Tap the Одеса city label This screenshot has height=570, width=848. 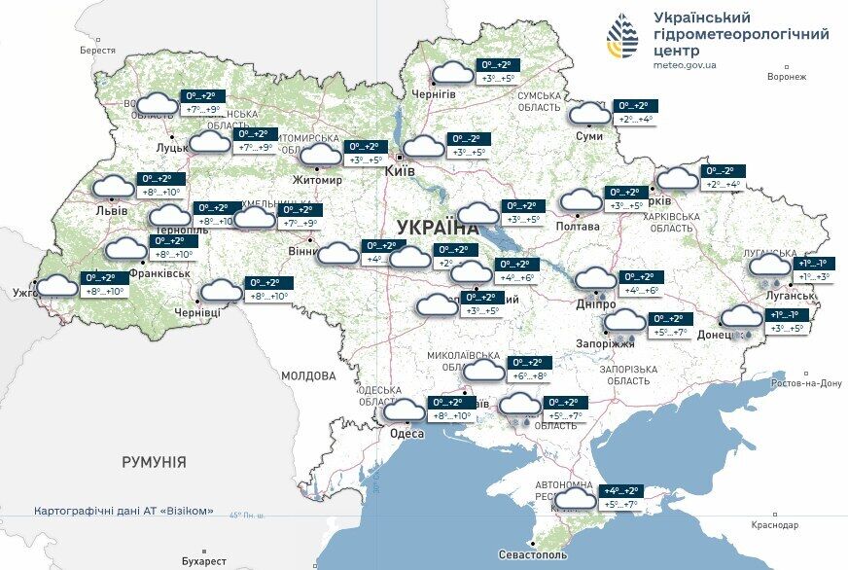(x=406, y=434)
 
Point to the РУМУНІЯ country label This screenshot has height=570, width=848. (x=154, y=462)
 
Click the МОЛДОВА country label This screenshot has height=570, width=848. (x=308, y=375)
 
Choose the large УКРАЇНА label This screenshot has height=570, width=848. (x=438, y=227)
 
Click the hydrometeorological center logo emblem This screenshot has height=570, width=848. (x=622, y=38)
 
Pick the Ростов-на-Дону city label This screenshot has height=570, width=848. (x=804, y=383)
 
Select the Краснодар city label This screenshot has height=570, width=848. (x=775, y=525)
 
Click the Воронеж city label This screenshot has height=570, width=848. (x=787, y=76)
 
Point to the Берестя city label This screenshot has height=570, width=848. (x=97, y=50)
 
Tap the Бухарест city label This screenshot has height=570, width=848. (x=203, y=561)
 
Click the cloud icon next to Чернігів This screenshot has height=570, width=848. (x=452, y=73)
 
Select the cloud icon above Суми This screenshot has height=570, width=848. (x=589, y=114)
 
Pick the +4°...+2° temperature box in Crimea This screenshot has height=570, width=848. (x=620, y=491)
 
